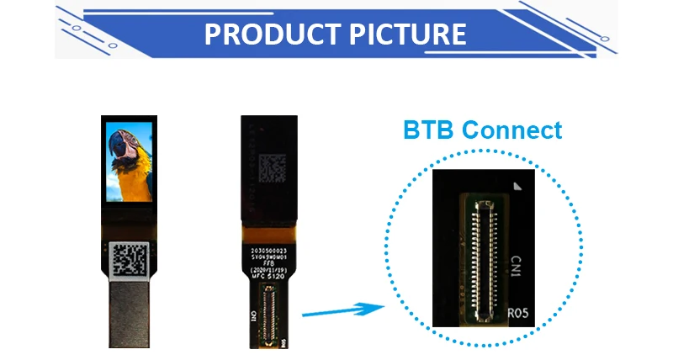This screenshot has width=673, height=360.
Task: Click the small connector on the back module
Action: pyautogui.click(x=269, y=315)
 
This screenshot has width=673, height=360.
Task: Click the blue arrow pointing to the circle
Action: pyautogui.click(x=336, y=311)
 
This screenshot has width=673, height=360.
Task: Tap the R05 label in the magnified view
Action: pyautogui.click(x=519, y=313)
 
